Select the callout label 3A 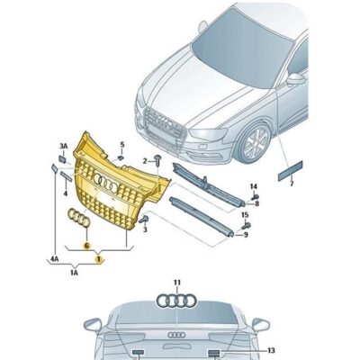pyautogui.click(x=64, y=146)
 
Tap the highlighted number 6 pyautogui.click(x=86, y=245)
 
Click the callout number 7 pyautogui.click(x=292, y=183)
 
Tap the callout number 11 pyautogui.click(x=177, y=283)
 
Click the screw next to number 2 pyautogui.click(x=157, y=161)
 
